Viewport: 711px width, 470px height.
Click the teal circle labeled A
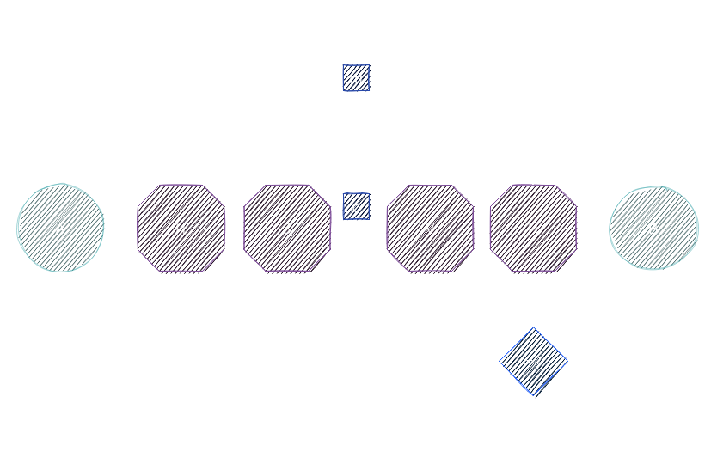pyautogui.click(x=60, y=229)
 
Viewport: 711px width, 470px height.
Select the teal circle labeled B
pyautogui.click(x=653, y=229)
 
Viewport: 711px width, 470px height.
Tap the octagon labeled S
pyautogui.click(x=287, y=229)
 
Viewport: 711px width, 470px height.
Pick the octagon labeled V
pyautogui.click(x=430, y=229)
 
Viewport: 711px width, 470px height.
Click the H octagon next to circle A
pyautogui.click(x=181, y=229)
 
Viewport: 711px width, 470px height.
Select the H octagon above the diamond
pyautogui.click(x=533, y=229)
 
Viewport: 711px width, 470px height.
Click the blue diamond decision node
pyautogui.click(x=533, y=361)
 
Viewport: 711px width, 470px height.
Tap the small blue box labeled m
pyautogui.click(x=356, y=78)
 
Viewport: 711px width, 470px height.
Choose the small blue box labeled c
pyautogui.click(x=356, y=207)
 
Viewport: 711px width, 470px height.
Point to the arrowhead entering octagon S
pyautogui.click(x=240, y=229)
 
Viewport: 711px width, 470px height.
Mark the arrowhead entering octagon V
pyautogui.click(x=383, y=229)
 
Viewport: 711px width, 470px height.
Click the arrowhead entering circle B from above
pyautogui.click(x=653, y=180)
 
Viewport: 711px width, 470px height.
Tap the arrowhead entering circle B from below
pyautogui.click(x=653, y=276)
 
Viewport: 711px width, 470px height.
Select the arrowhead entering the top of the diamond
pyautogui.click(x=533, y=322)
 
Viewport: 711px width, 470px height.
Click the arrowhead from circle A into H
pyautogui.click(x=133, y=229)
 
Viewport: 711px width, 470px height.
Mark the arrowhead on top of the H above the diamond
pyautogui.click(x=533, y=180)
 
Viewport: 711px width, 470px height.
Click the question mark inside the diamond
pyautogui.click(x=537, y=362)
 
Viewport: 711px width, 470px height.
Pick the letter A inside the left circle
pyautogui.click(x=60, y=229)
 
